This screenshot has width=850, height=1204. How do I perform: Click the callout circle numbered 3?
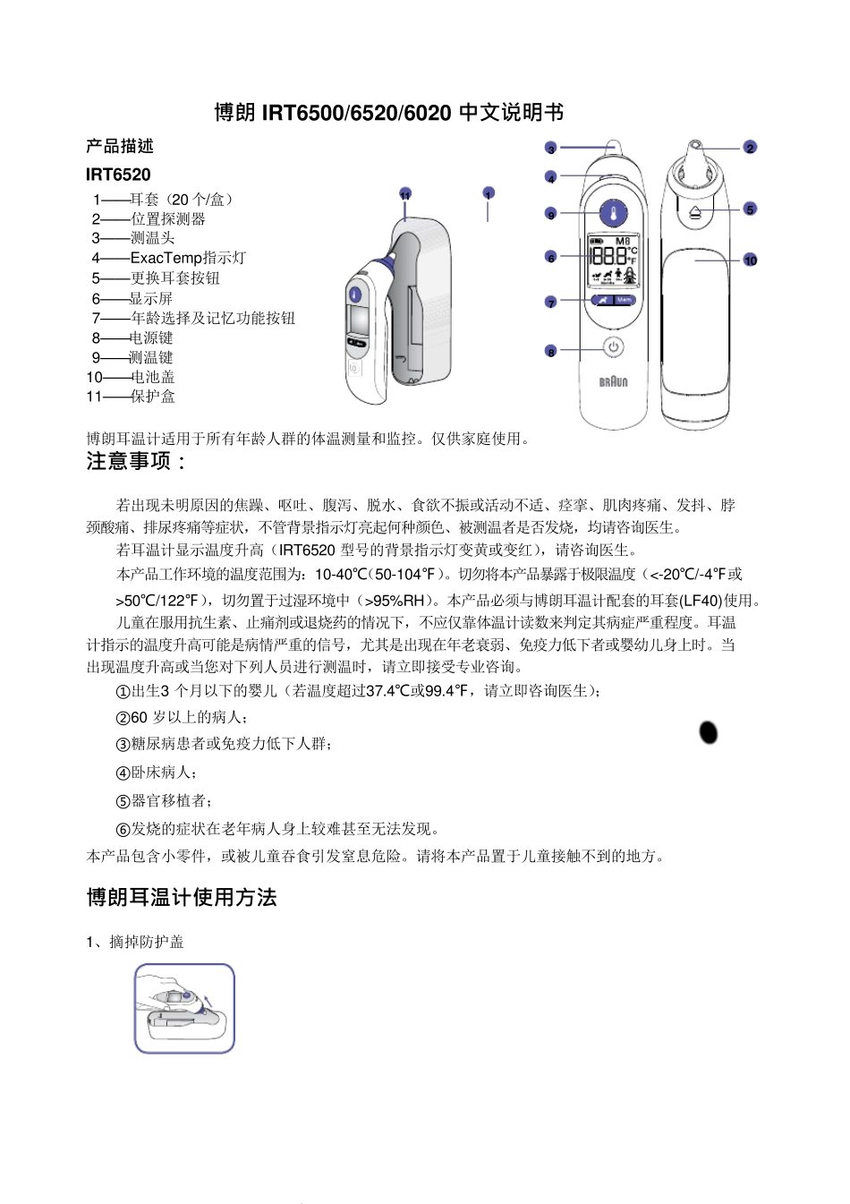tap(551, 149)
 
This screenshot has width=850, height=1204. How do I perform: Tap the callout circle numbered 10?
tap(750, 260)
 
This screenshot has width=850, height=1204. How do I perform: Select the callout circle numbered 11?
tap(405, 195)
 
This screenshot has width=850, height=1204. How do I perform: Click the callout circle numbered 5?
tap(750, 209)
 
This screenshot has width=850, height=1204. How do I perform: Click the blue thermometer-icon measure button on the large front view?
tap(612, 214)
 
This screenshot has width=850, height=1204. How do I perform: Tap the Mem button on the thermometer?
tap(623, 300)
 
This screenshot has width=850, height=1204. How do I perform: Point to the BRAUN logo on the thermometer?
tap(613, 381)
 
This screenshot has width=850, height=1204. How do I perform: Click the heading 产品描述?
tap(120, 146)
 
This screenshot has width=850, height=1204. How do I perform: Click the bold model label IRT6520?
tap(118, 175)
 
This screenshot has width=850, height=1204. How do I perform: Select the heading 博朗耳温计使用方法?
tap(182, 898)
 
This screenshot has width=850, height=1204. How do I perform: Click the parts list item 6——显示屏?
tap(132, 298)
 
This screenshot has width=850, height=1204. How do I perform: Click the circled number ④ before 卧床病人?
tap(123, 773)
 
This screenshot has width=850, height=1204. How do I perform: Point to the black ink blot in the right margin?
tap(708, 732)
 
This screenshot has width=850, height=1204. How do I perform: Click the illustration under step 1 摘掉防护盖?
tap(184, 1008)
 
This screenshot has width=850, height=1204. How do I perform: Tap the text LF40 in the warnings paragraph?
tap(700, 601)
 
